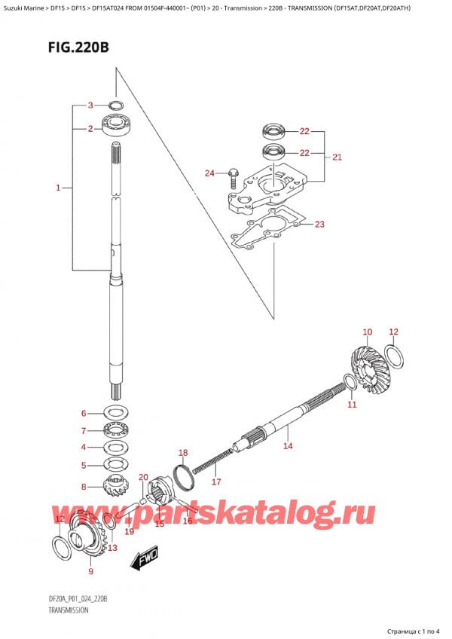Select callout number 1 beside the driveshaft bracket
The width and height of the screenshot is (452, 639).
click(59, 188)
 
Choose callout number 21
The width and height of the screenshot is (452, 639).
click(337, 157)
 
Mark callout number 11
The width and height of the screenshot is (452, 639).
click(351, 405)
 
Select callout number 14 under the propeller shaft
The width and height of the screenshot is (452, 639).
click(286, 446)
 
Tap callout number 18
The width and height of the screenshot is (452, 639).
click(182, 453)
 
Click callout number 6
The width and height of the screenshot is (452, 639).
click(85, 413)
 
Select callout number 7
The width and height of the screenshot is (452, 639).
click(85, 431)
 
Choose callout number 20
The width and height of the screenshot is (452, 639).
click(143, 477)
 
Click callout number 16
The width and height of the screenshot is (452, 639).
click(188, 521)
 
